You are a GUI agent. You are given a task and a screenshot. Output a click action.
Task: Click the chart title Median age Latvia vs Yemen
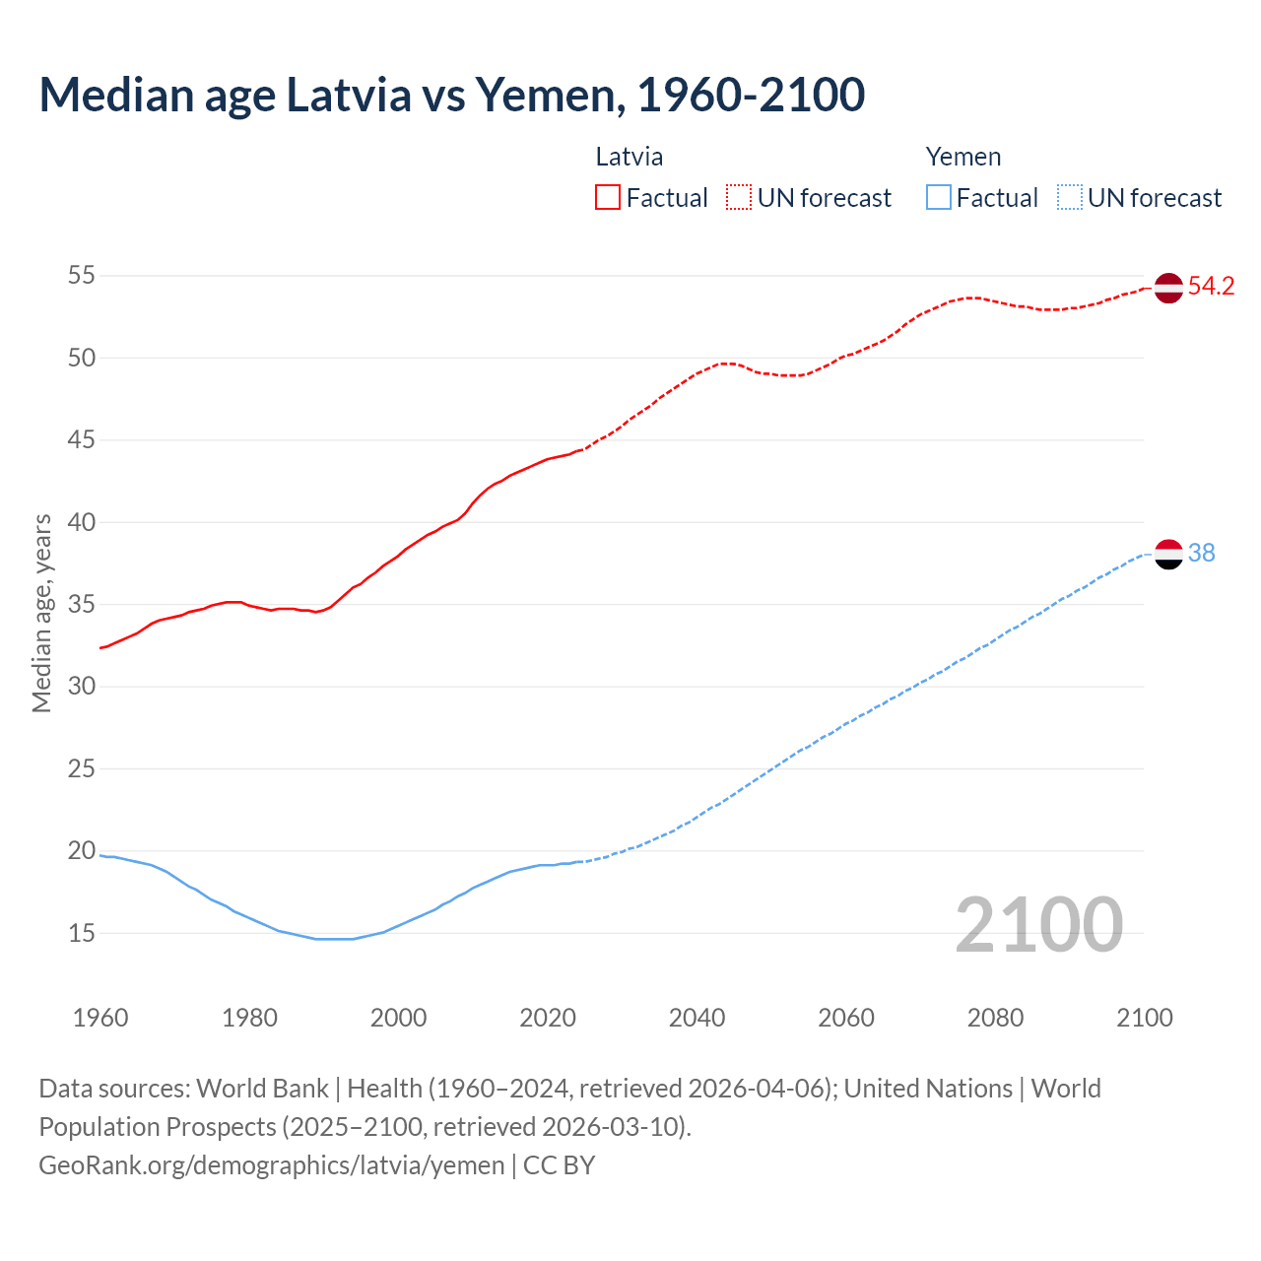click(x=451, y=95)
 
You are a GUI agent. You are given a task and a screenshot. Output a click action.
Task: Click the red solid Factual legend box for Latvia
click(x=608, y=197)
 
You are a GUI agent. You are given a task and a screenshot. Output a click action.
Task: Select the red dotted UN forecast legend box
click(x=739, y=197)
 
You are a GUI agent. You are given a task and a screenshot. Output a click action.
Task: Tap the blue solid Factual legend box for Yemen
click(x=939, y=197)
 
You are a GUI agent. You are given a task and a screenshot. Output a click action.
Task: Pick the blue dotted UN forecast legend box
click(x=1070, y=197)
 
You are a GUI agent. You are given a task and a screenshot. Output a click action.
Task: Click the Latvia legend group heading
click(x=629, y=157)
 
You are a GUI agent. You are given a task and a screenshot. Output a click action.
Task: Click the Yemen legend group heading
click(x=962, y=157)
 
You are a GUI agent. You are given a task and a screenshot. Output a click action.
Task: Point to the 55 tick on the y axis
click(x=81, y=275)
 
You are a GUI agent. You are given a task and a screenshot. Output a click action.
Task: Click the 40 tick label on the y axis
click(x=81, y=522)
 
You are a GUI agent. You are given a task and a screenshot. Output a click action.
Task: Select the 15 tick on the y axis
click(x=81, y=933)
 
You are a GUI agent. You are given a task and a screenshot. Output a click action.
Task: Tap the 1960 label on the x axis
click(x=100, y=1018)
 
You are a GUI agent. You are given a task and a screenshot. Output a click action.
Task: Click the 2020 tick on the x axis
click(x=548, y=1018)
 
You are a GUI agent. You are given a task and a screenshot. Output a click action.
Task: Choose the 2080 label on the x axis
click(x=995, y=1018)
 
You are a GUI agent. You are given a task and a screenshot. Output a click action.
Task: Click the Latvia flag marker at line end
click(x=1168, y=288)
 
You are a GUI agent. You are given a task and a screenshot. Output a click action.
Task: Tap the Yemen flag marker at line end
click(x=1168, y=555)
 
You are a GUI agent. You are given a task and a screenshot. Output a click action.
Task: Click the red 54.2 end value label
click(x=1211, y=287)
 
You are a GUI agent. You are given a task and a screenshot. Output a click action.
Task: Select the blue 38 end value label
click(x=1201, y=554)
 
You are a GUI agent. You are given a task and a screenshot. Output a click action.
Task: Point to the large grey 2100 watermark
click(x=1038, y=924)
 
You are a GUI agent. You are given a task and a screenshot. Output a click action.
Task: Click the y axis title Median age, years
click(x=41, y=613)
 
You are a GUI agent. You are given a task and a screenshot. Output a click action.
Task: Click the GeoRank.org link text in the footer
click(x=271, y=1165)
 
